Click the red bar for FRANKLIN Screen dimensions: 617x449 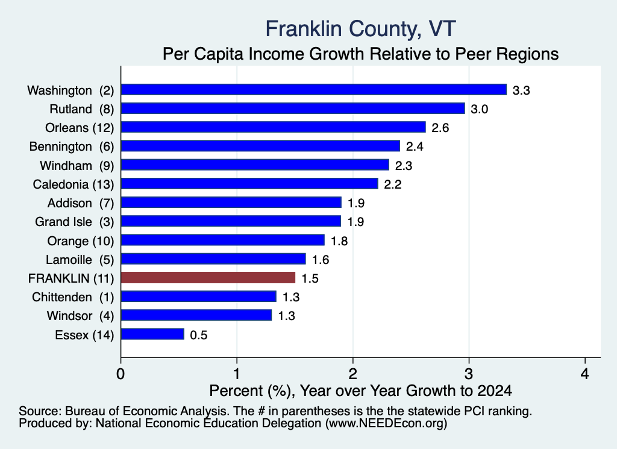pyautogui.click(x=208, y=278)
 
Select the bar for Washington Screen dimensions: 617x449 pyautogui.click(x=313, y=90)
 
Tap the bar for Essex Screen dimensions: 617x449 pyautogui.click(x=152, y=334)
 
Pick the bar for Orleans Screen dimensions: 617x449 pyautogui.click(x=274, y=127)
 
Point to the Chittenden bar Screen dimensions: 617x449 pyautogui.click(x=199, y=297)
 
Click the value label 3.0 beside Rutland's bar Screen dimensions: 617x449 pyautogui.click(x=479, y=109)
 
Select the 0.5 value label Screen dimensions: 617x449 pyautogui.click(x=198, y=335)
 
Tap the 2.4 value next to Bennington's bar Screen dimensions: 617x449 pyautogui.click(x=415, y=146)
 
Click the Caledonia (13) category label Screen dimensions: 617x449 pyautogui.click(x=73, y=184)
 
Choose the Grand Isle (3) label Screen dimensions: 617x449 pyautogui.click(x=74, y=222)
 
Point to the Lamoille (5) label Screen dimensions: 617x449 pyautogui.click(x=80, y=260)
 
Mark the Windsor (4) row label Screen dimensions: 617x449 pyautogui.click(x=80, y=316)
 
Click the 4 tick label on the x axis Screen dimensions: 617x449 pyautogui.click(x=585, y=374)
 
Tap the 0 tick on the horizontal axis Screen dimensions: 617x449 pyautogui.click(x=121, y=374)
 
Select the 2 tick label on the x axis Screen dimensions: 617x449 pyautogui.click(x=353, y=374)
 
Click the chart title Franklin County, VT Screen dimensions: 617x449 pyautogui.click(x=360, y=29)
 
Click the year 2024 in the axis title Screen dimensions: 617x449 pyautogui.click(x=495, y=391)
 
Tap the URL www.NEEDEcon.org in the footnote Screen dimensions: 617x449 pyautogui.click(x=386, y=423)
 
